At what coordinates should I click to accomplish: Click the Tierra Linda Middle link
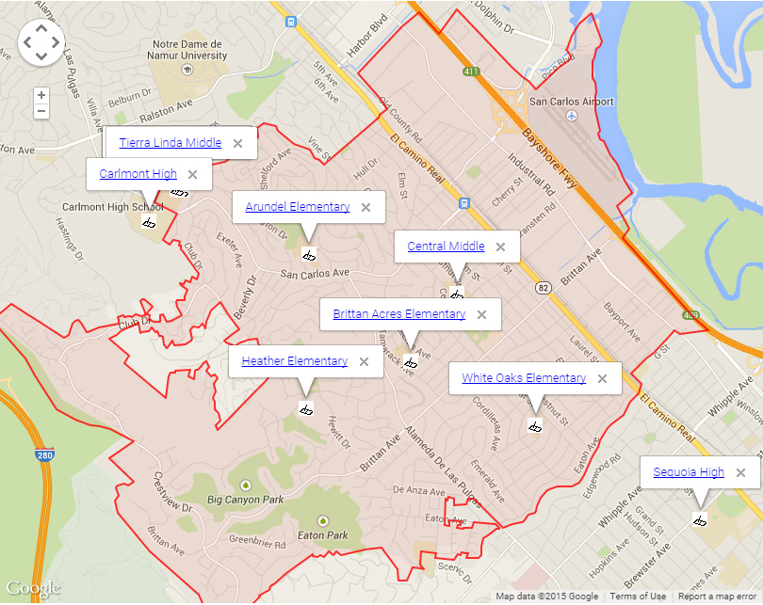click(x=170, y=143)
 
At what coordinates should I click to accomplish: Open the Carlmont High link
click(x=138, y=174)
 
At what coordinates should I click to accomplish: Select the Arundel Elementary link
click(x=297, y=207)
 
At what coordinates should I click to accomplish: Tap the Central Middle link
click(x=446, y=247)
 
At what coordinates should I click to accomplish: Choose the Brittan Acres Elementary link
click(x=398, y=314)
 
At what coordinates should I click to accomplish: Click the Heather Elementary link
click(x=294, y=361)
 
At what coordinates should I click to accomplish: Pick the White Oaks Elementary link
click(x=524, y=378)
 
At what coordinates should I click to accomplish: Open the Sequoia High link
click(x=689, y=472)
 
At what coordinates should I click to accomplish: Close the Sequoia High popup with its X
click(x=740, y=472)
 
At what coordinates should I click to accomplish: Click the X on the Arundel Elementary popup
click(x=365, y=207)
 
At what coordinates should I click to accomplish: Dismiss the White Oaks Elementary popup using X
click(x=602, y=378)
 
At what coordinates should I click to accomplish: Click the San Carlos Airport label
click(x=572, y=102)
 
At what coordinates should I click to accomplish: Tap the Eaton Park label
click(x=324, y=535)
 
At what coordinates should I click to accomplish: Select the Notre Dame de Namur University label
click(x=189, y=50)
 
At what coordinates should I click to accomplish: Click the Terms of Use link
click(x=638, y=597)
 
